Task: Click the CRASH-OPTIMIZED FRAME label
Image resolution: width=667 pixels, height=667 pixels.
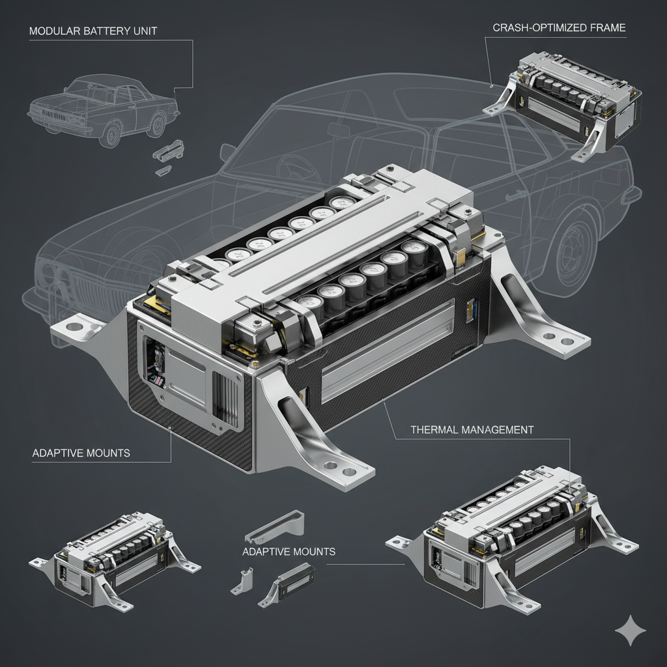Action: pos(559,28)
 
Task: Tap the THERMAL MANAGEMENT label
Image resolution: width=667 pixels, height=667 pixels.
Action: pos(472,430)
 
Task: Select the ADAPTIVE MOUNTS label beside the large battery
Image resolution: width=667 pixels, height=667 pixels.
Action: pos(81,453)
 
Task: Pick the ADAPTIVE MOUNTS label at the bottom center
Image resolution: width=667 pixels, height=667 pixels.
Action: pos(289,552)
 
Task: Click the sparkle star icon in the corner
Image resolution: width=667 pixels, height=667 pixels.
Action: pos(631,630)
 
